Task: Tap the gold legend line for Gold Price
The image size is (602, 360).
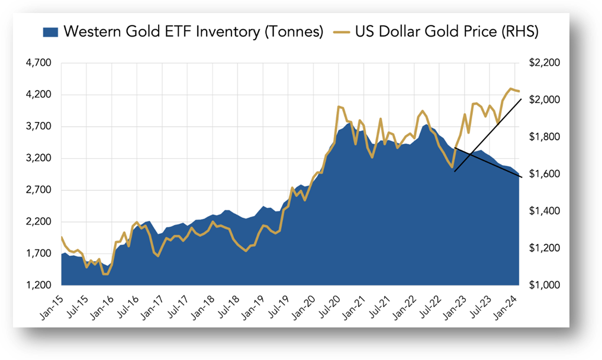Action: click(x=342, y=32)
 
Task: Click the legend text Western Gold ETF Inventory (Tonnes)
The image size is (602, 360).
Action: click(x=193, y=32)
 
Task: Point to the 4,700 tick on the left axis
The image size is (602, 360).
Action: click(x=40, y=63)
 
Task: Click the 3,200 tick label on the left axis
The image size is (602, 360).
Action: click(x=40, y=159)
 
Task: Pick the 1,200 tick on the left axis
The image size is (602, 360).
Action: click(x=40, y=285)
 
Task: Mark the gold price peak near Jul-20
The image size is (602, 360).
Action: click(x=338, y=107)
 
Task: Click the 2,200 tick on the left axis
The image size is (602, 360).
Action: click(x=40, y=222)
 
